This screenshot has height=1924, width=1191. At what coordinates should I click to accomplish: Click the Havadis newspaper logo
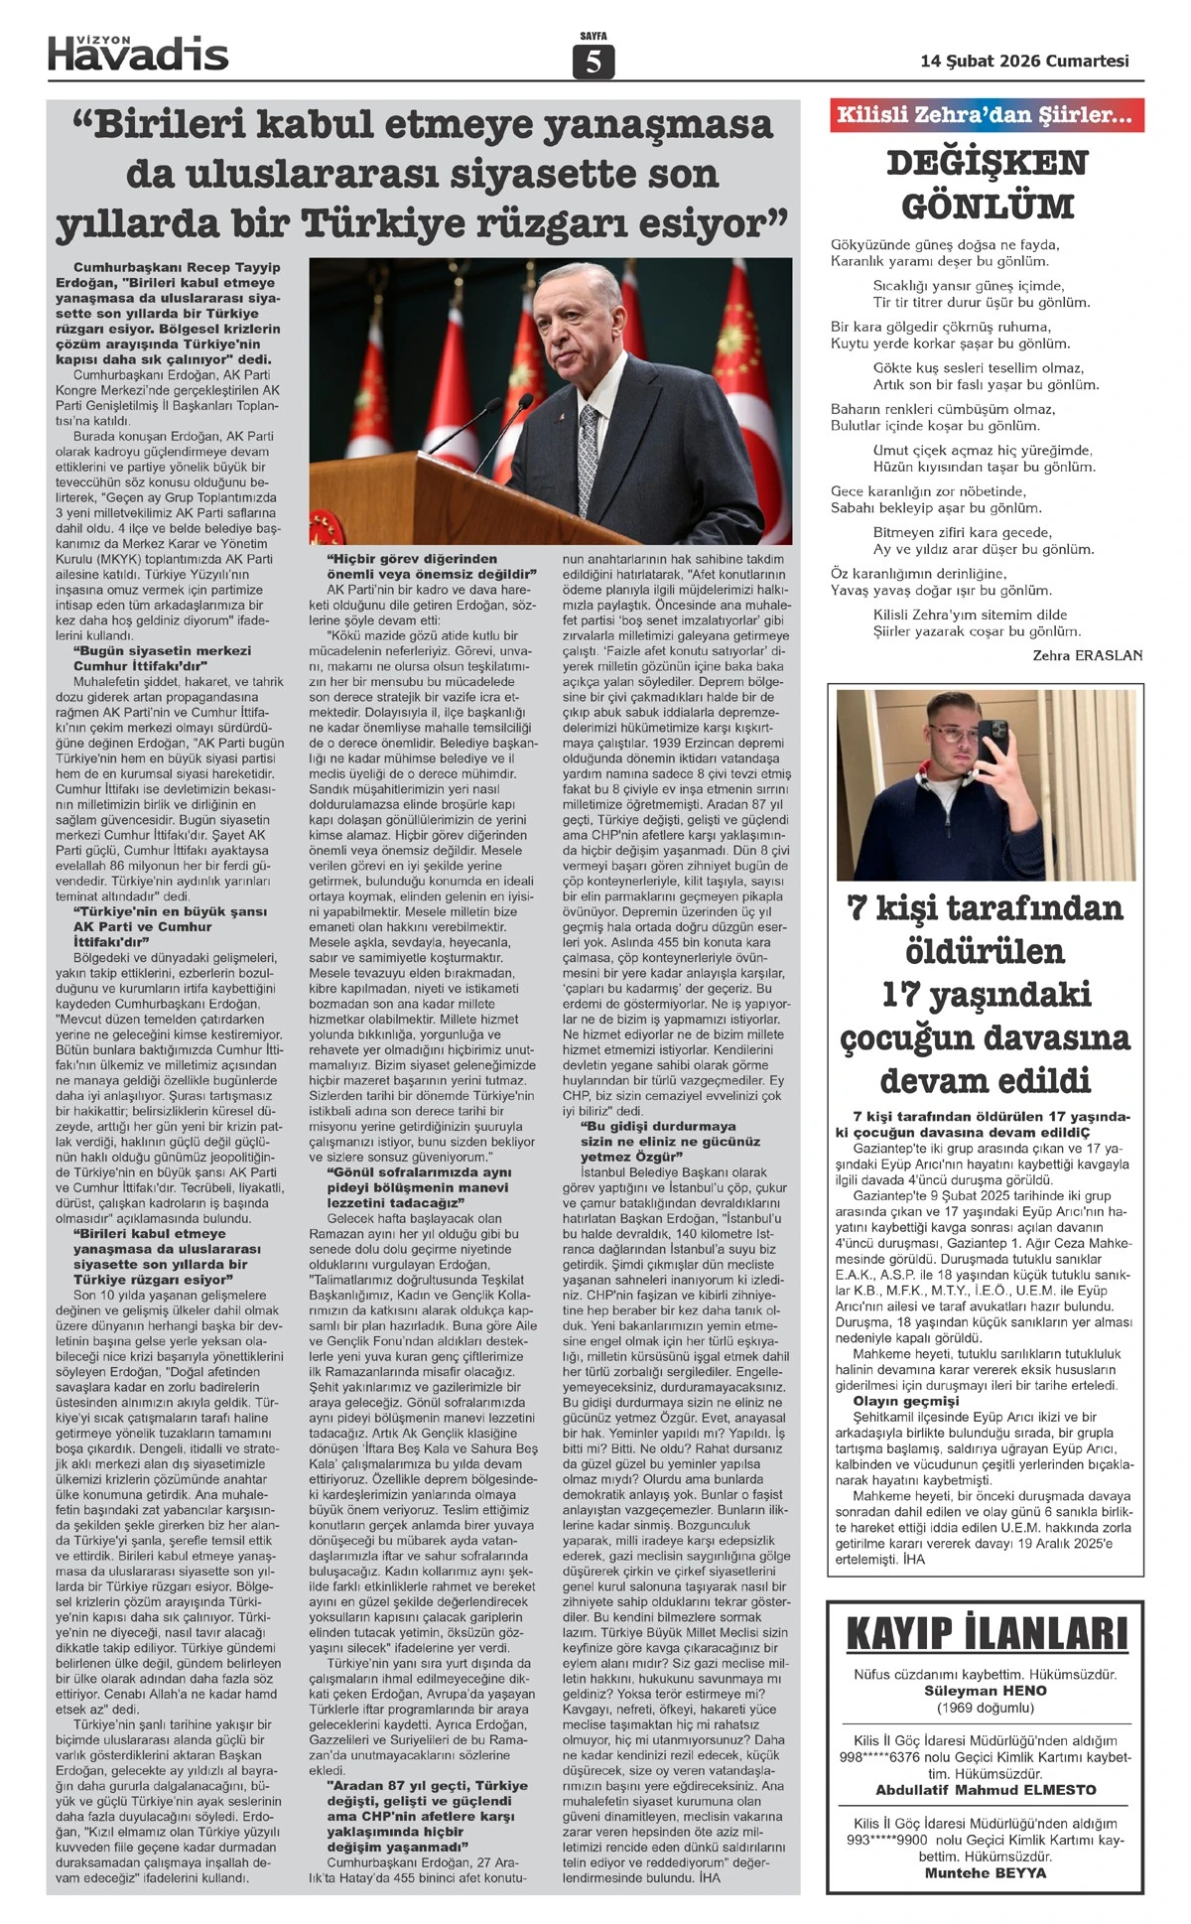(138, 53)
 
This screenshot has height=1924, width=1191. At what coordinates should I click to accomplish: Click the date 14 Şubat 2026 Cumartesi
(1025, 61)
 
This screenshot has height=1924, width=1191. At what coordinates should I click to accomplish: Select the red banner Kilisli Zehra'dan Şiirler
(986, 115)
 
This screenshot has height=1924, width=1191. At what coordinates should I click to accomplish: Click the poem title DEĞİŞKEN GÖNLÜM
(987, 185)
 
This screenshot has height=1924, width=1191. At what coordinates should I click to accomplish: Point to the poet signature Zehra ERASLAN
(1087, 655)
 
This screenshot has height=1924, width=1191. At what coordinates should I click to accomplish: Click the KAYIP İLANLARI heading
(987, 1634)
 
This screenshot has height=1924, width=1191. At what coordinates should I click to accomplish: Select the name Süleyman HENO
(986, 1691)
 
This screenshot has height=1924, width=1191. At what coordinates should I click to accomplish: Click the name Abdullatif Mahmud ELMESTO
(986, 1790)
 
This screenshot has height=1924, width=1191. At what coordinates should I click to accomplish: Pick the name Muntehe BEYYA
(986, 1873)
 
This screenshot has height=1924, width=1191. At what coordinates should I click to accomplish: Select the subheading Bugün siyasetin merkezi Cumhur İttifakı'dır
(162, 658)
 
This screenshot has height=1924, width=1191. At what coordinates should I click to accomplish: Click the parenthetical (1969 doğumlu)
(986, 1708)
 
